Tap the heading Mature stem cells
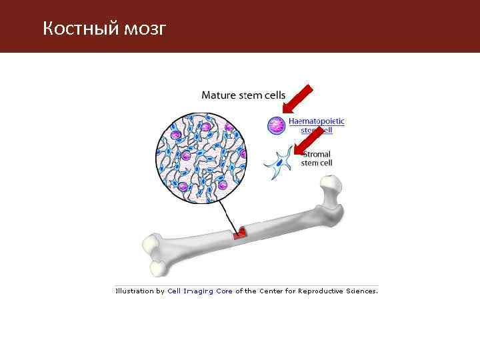pyautogui.click(x=238, y=95)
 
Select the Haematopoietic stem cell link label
pyautogui.click(x=316, y=125)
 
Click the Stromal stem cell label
pyautogui.click(x=315, y=159)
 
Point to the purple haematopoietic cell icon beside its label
pyautogui.click(x=276, y=125)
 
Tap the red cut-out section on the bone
pyautogui.click(x=239, y=233)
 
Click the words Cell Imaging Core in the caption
pyautogui.click(x=200, y=291)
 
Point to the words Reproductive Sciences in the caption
pyautogui.click(x=337, y=291)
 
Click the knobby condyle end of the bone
pyautogui.click(x=155, y=254)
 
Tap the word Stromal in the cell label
pyautogui.click(x=315, y=155)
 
